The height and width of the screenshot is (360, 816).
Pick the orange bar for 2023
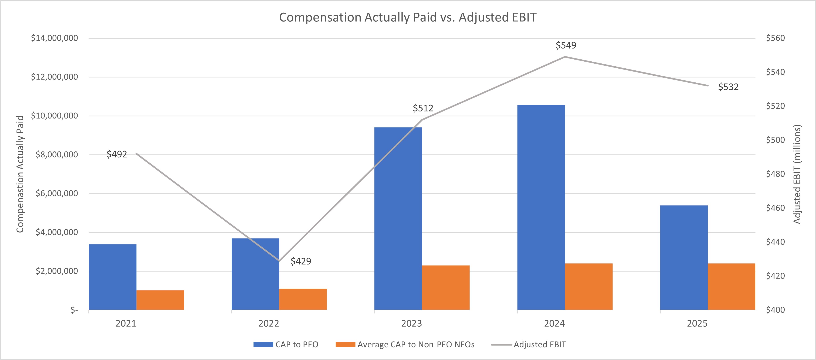pos(445,287)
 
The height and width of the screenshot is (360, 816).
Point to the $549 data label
pos(566,45)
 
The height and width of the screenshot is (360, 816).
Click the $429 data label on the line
pos(301,261)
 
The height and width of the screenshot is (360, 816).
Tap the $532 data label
pos(728,87)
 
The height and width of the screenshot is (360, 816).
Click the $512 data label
pos(423,108)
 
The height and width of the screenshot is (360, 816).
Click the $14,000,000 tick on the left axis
pos(54,38)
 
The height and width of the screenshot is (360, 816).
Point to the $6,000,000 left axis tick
pos(56,193)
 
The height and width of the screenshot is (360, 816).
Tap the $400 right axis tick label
pos(775,310)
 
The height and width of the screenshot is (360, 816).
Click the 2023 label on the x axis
pos(411,324)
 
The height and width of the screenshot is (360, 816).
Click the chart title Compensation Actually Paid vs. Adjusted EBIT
pos(408,17)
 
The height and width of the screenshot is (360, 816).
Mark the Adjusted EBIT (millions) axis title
pos(797,174)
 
